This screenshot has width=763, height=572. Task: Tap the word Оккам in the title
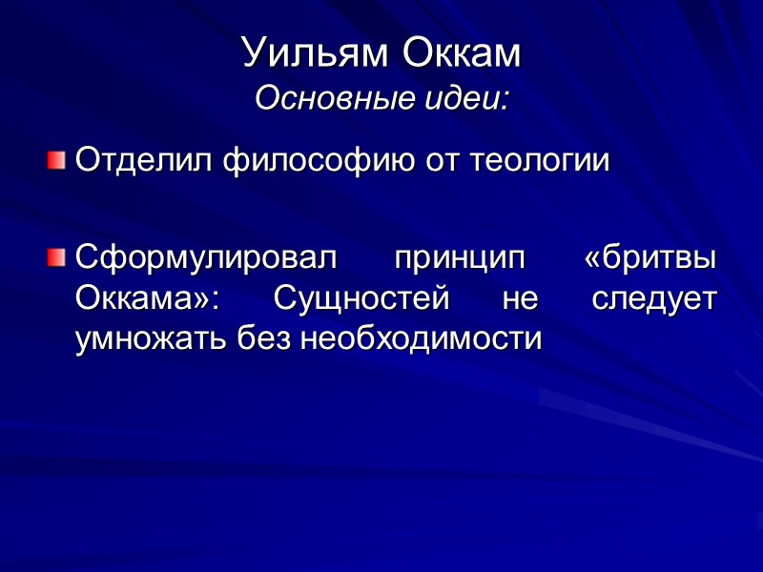pyautogui.click(x=462, y=53)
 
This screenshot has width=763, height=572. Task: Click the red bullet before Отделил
pyautogui.click(x=57, y=159)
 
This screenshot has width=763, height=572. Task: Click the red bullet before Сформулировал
pyautogui.click(x=57, y=256)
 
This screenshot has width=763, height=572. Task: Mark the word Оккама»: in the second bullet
pyautogui.click(x=148, y=297)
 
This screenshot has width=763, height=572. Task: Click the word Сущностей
pyautogui.click(x=361, y=297)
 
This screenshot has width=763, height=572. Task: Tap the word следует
pyautogui.click(x=654, y=297)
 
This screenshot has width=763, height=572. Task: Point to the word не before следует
pyautogui.click(x=520, y=297)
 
